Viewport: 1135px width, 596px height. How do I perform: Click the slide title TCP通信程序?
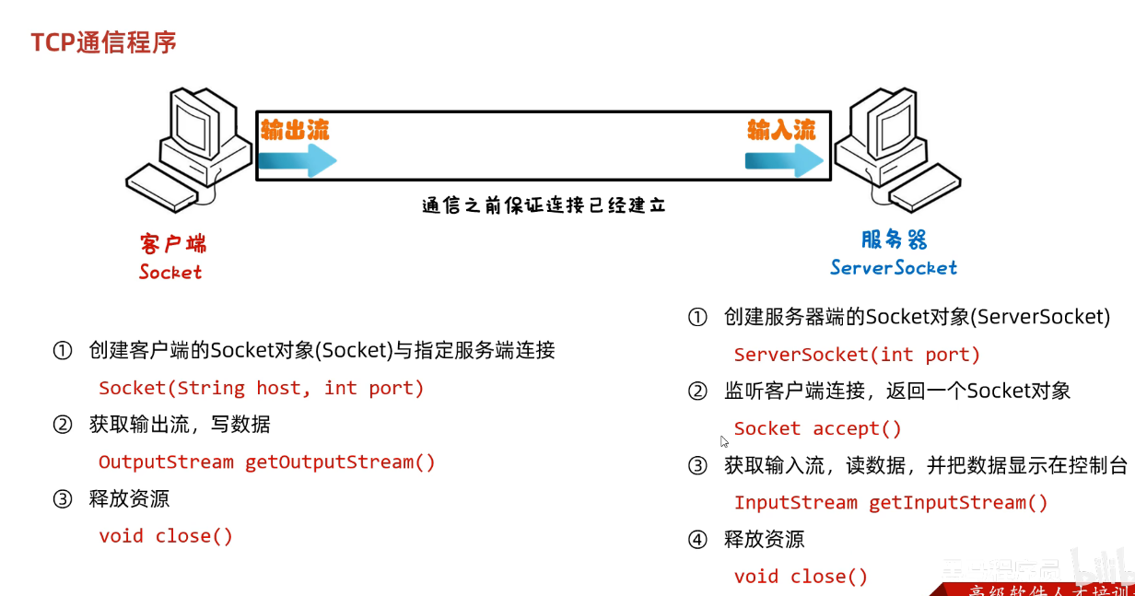pyautogui.click(x=103, y=42)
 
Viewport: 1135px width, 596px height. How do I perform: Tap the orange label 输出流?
pyautogui.click(x=294, y=129)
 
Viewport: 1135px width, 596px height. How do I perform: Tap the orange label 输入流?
pyautogui.click(x=781, y=129)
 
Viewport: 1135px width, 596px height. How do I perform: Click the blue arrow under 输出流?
pyautogui.click(x=297, y=161)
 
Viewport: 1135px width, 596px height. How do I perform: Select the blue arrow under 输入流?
pyautogui.click(x=784, y=161)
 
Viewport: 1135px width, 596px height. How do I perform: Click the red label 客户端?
pyautogui.click(x=173, y=243)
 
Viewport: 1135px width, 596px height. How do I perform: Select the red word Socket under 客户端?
pyautogui.click(x=170, y=272)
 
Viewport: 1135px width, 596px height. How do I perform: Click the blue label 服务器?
pyautogui.click(x=894, y=240)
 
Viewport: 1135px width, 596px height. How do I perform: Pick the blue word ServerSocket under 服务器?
pyautogui.click(x=893, y=267)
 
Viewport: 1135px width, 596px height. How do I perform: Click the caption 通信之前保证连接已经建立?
pyautogui.click(x=544, y=205)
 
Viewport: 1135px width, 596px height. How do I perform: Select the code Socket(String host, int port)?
pyautogui.click(x=262, y=388)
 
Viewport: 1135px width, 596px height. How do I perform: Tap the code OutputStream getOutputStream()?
pyautogui.click(x=266, y=462)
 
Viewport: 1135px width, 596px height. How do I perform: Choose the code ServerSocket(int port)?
pyautogui.click(x=857, y=355)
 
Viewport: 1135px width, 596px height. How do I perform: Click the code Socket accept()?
pyautogui.click(x=818, y=428)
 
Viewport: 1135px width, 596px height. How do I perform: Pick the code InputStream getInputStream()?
pyautogui.click(x=891, y=502)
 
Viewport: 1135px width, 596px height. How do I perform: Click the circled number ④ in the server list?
pyautogui.click(x=697, y=540)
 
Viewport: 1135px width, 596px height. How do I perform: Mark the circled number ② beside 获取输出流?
pyautogui.click(x=63, y=425)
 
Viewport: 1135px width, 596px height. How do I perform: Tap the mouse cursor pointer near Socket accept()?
pyautogui.click(x=724, y=441)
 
